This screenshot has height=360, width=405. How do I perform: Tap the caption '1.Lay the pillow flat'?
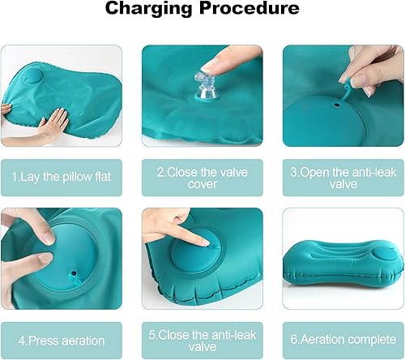[x=62, y=176]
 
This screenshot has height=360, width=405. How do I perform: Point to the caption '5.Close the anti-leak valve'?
[x=202, y=340]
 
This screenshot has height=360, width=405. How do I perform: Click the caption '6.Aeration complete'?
[x=343, y=340]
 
